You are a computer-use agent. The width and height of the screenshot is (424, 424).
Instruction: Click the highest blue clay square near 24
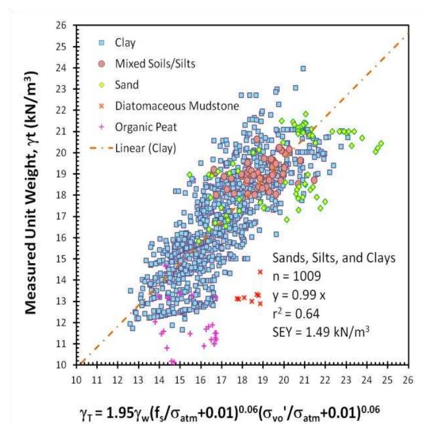[x=303, y=68]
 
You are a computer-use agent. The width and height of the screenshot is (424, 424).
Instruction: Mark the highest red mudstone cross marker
[x=260, y=272]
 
